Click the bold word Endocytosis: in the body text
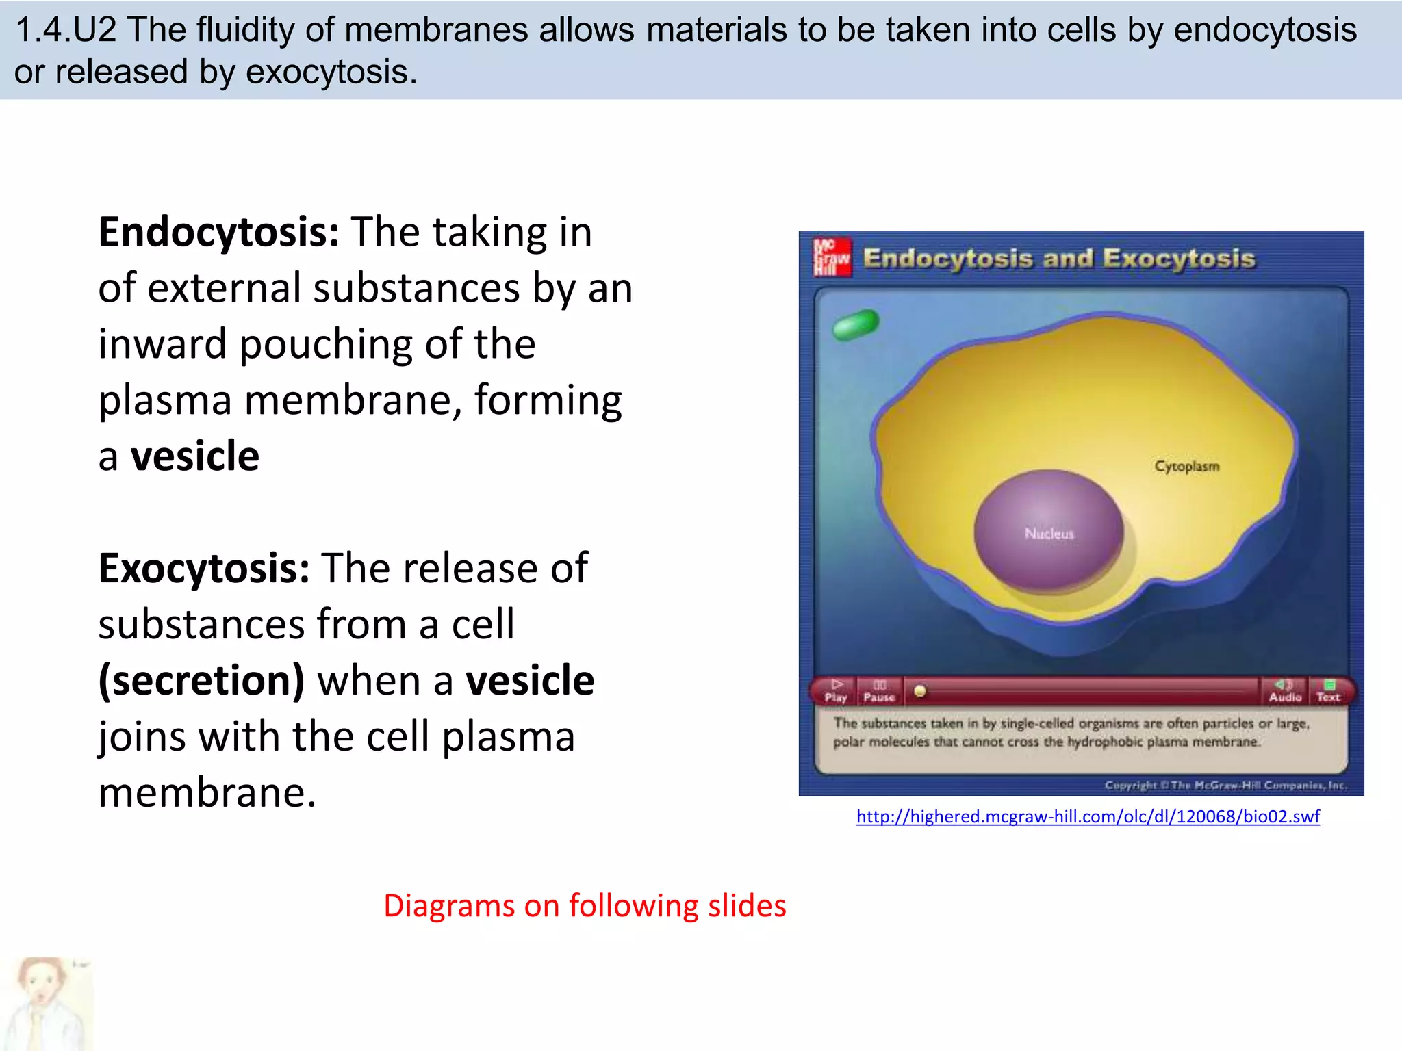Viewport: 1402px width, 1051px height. pos(218,233)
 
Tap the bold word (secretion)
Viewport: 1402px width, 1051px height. pos(201,681)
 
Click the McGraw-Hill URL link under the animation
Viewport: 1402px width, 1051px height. pos(1088,816)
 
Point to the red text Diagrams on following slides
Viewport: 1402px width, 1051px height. pos(585,905)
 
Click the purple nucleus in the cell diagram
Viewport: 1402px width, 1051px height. pos(1048,530)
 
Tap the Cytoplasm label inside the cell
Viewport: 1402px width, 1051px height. pos(1186,466)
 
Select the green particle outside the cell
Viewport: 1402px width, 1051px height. pos(855,324)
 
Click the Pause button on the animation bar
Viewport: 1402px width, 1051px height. pos(879,691)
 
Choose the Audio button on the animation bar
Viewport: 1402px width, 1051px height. pos(1284,691)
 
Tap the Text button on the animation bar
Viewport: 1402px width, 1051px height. pos(1328,691)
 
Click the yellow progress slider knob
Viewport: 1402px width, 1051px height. pos(920,691)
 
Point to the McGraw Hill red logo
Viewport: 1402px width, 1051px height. pos(832,257)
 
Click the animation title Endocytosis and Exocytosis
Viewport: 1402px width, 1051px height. pos(1059,259)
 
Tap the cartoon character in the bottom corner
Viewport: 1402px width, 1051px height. pos(44,1003)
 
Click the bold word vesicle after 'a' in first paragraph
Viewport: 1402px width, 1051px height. pos(195,456)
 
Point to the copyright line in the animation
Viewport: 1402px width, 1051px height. pos(1225,785)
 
